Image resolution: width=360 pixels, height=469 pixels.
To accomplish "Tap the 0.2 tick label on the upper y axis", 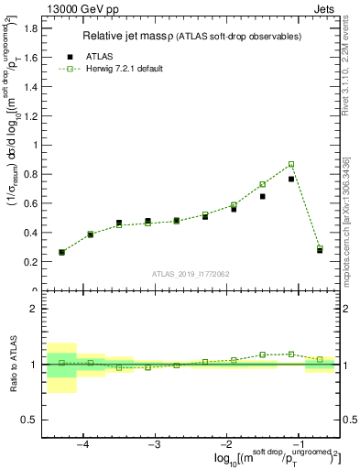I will pyautogui.click(x=29, y=262).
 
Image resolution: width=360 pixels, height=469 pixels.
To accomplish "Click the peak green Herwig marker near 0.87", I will pyautogui.click(x=291, y=164).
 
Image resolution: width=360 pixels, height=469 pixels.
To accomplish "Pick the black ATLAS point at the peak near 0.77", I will pyautogui.click(x=291, y=179).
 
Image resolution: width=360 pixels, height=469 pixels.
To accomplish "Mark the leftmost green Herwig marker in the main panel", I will pyautogui.click(x=61, y=252).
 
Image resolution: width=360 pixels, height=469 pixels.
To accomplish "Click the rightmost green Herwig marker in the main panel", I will pyautogui.click(x=320, y=247).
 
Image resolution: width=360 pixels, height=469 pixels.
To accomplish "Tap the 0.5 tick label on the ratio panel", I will pyautogui.click(x=29, y=420).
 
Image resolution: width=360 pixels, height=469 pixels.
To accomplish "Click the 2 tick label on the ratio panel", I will pyautogui.click(x=35, y=309).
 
